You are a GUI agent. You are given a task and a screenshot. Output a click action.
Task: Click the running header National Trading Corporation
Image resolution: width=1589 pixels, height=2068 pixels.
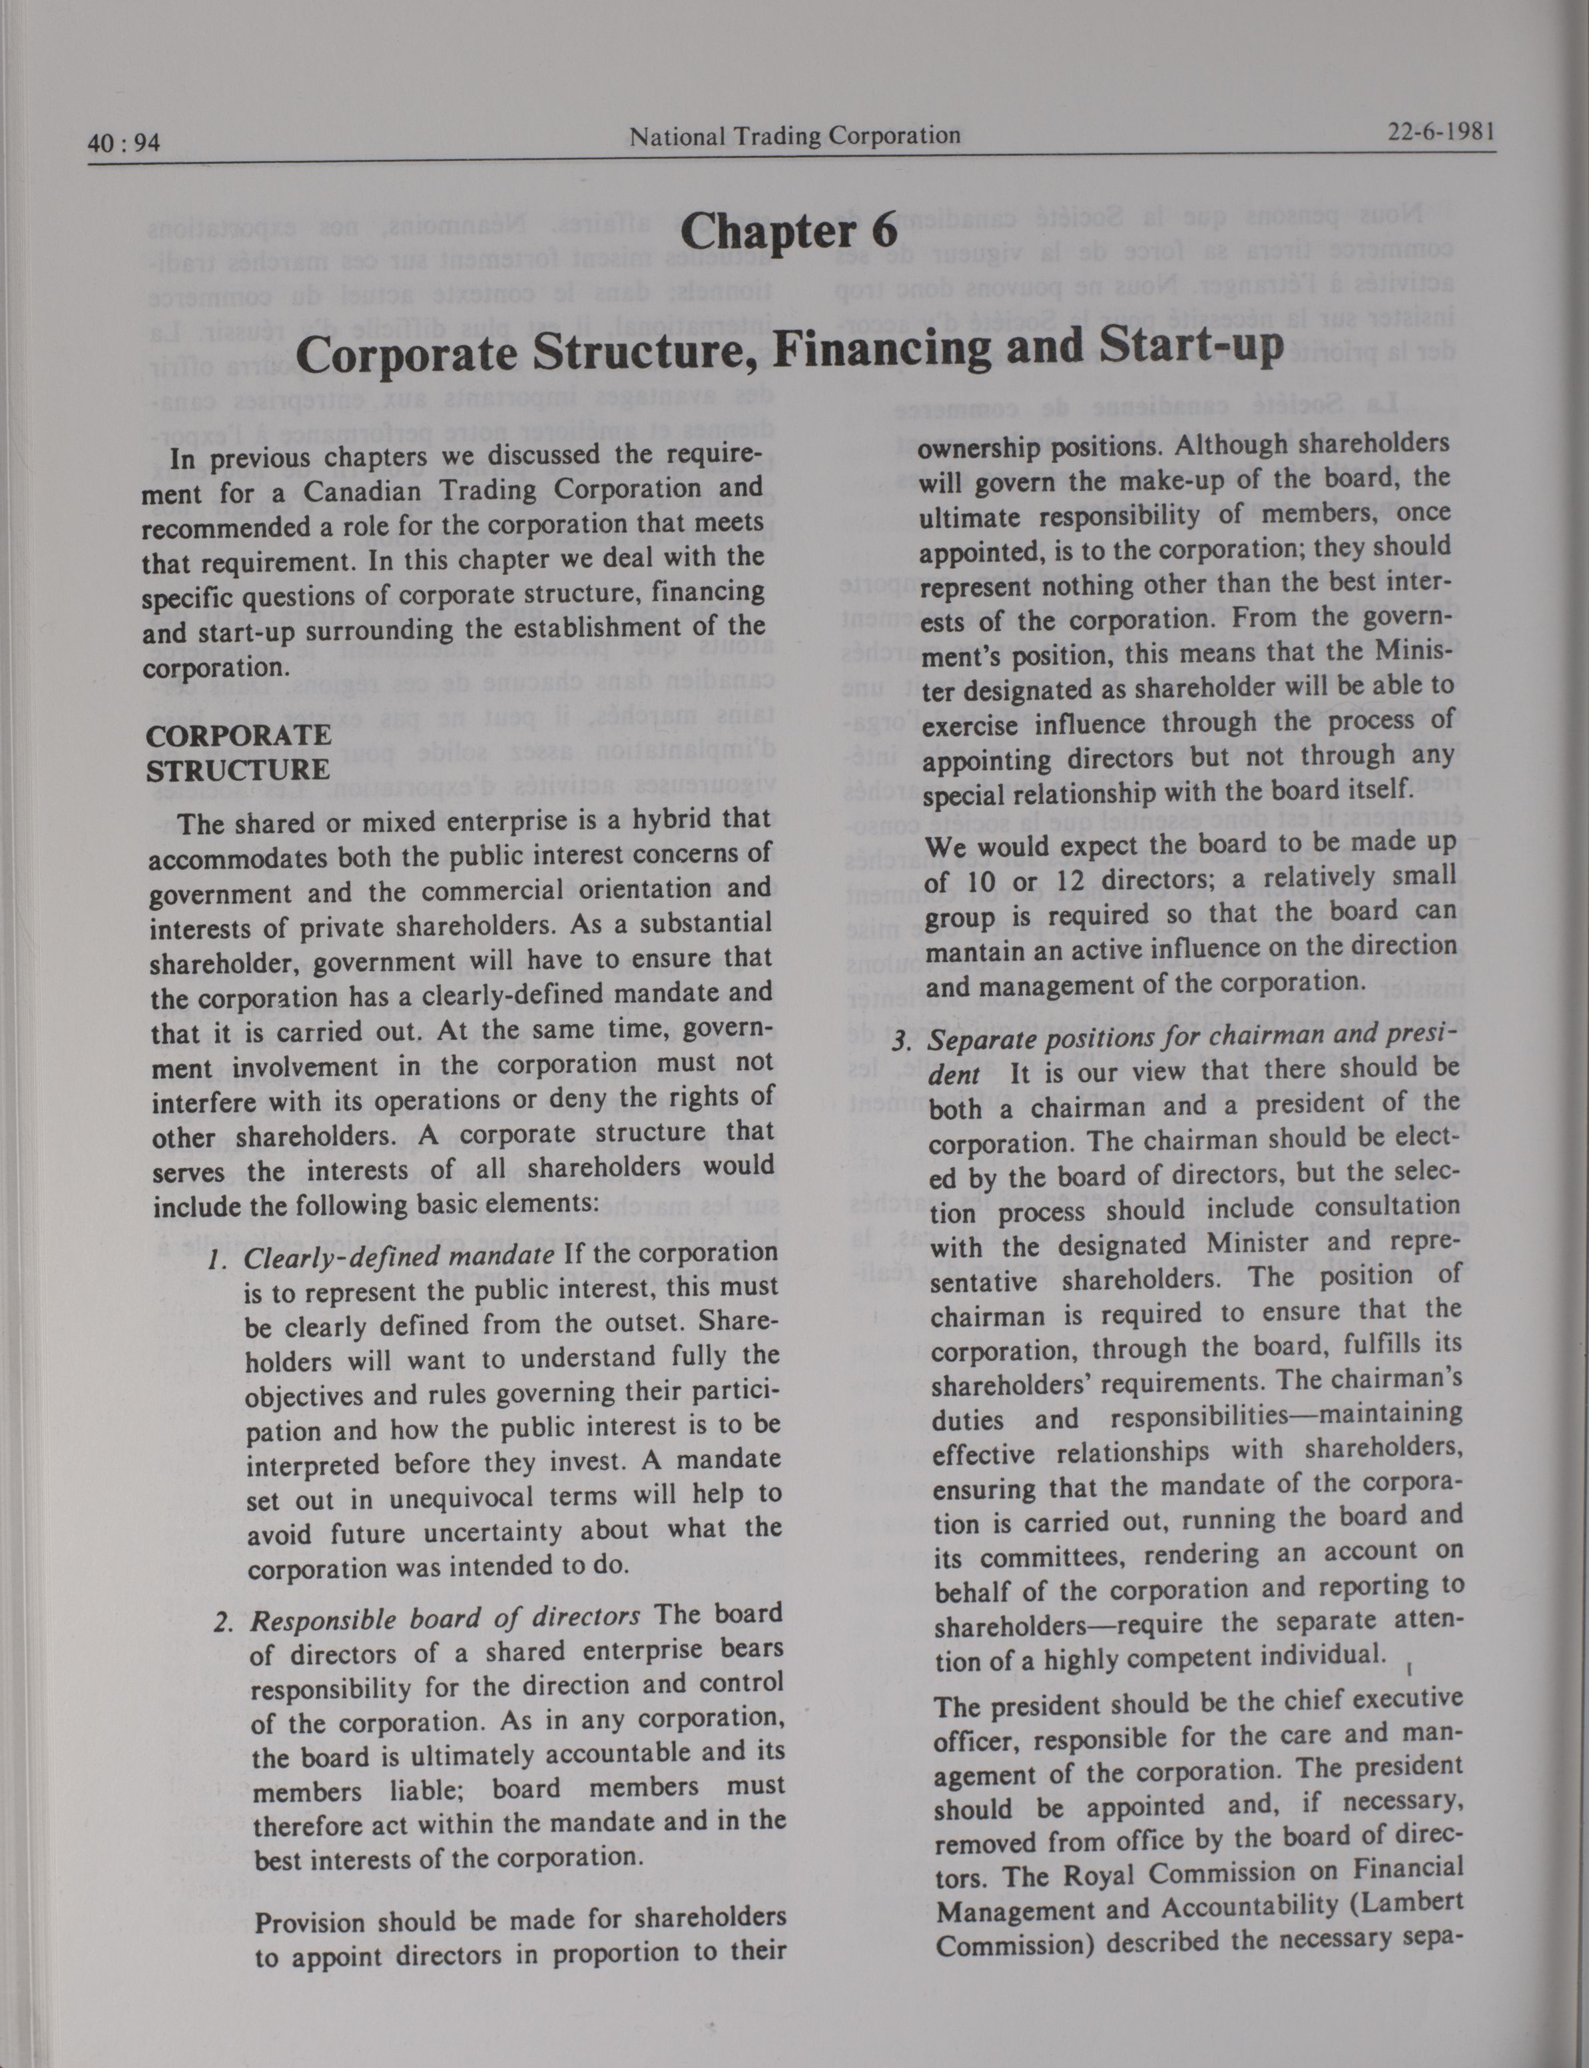794,136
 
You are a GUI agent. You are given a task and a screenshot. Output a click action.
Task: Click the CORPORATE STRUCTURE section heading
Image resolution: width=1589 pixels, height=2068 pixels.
238,752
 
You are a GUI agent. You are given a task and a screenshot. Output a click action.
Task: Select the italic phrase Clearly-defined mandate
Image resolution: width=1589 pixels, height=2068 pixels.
398,1257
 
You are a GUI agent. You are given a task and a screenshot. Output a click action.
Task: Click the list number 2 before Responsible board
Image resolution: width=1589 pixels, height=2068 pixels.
223,1624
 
